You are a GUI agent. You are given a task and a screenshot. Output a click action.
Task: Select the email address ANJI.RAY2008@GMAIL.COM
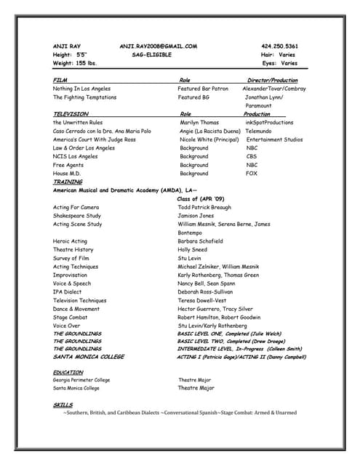(x=158, y=46)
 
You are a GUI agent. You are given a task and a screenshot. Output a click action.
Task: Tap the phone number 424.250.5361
(x=279, y=46)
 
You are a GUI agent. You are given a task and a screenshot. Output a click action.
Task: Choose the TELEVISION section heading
(x=71, y=114)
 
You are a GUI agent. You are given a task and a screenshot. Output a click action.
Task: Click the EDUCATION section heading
(x=68, y=372)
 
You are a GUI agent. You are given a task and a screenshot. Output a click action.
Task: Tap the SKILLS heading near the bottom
(x=63, y=404)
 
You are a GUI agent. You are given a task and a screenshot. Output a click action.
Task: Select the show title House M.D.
(x=65, y=174)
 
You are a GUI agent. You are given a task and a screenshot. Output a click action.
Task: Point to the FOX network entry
(x=252, y=174)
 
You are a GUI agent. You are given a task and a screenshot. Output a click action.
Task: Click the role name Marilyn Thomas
(x=199, y=123)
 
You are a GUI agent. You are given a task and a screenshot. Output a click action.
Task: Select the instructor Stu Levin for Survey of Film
(x=191, y=258)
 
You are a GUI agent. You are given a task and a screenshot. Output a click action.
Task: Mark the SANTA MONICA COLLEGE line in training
(x=89, y=357)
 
